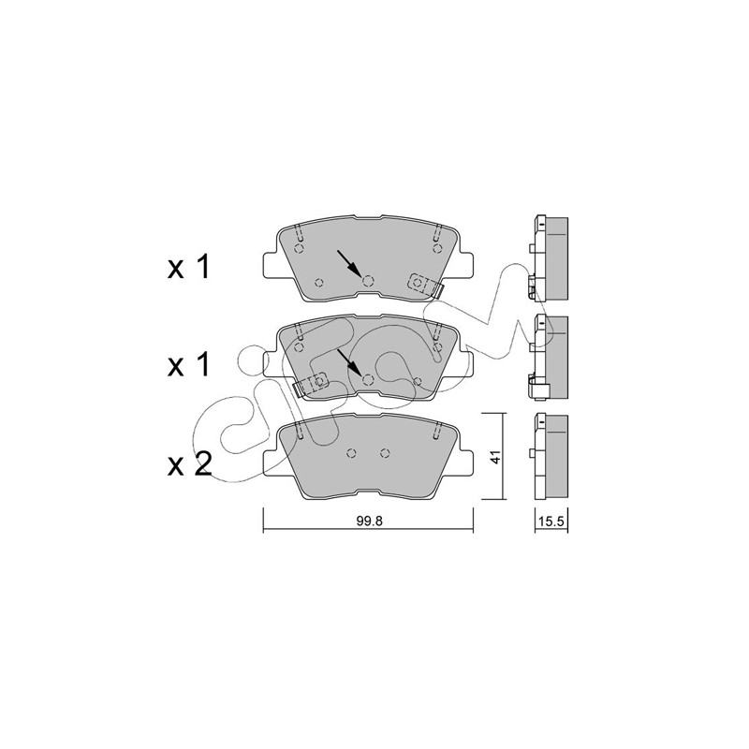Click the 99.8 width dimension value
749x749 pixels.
pos(369,521)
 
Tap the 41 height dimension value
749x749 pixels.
pos(496,457)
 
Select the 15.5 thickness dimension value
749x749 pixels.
pos(551,521)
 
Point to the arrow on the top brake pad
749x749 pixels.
pos(348,262)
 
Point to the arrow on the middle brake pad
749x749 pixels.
pos(348,361)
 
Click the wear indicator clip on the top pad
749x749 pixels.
pos(425,286)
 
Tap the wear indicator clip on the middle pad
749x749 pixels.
pos(310,385)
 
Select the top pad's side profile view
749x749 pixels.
pos(550,258)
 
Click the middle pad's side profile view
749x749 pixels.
pos(550,357)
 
